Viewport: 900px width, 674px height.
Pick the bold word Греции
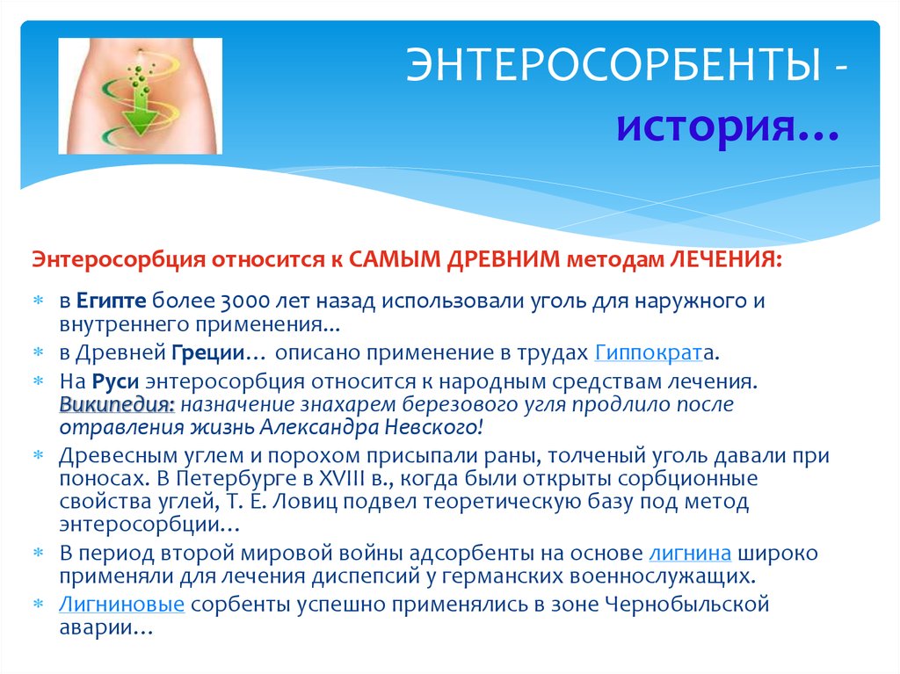(x=206, y=353)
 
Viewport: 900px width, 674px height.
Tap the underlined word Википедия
(x=118, y=405)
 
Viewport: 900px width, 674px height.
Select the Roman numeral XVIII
(x=303, y=479)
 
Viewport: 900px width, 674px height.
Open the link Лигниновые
(x=121, y=605)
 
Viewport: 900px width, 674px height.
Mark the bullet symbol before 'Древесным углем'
(x=39, y=456)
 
